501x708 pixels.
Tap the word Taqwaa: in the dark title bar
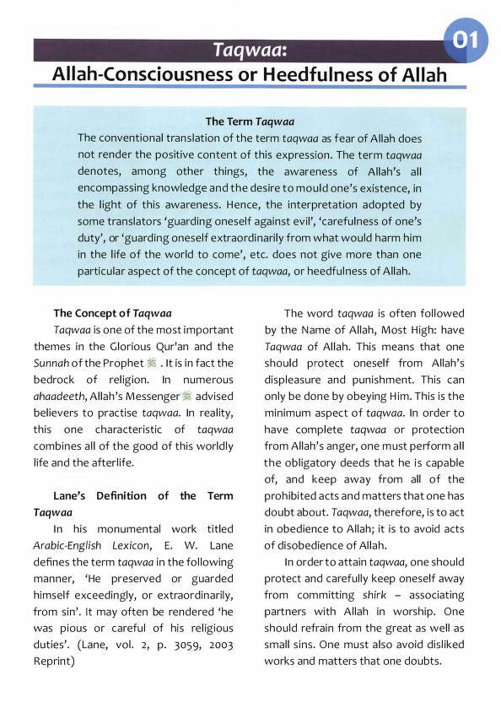250,51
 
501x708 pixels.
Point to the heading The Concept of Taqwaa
112,314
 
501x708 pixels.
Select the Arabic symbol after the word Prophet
152,362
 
